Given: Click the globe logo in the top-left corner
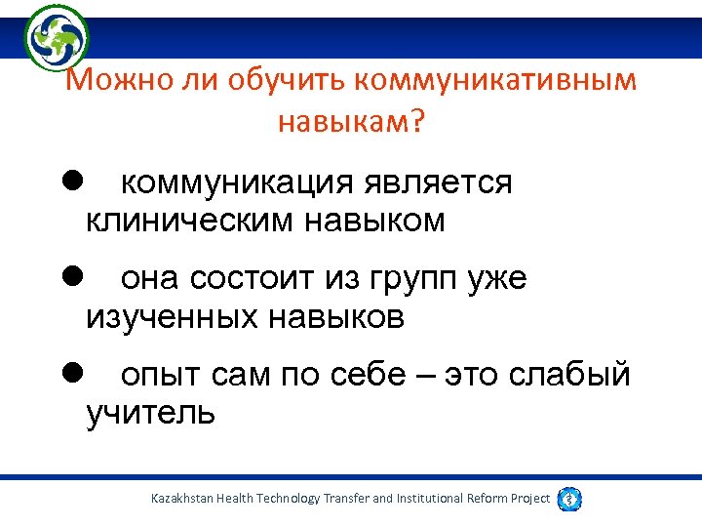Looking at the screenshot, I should point(57,36).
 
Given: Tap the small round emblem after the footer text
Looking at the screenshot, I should point(570,499).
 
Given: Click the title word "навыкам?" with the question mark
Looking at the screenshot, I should point(351,122).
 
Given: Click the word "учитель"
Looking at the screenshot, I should point(150,413).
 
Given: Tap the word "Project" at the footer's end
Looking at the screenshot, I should point(529,499).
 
